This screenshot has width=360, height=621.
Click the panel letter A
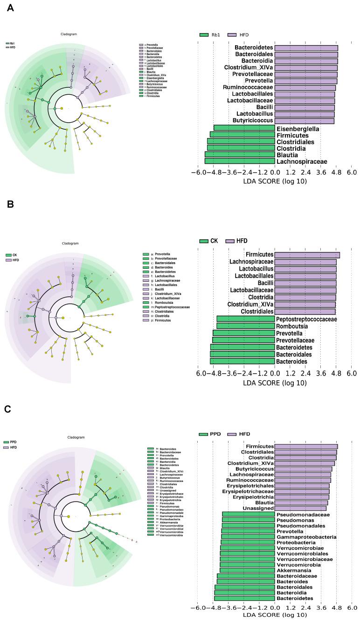point(8,9)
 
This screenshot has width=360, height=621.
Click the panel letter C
point(7,409)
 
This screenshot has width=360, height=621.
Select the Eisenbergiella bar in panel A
point(244,128)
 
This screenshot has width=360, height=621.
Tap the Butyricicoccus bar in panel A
point(304,121)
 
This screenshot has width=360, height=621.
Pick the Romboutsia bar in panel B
point(245,326)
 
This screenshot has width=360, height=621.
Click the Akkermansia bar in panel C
point(247,570)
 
